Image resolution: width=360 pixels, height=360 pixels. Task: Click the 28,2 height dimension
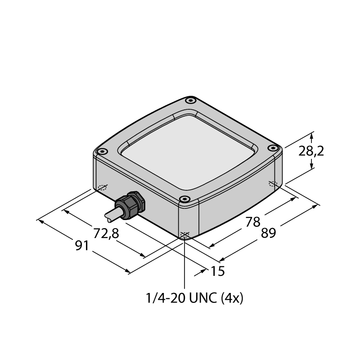point(311,152)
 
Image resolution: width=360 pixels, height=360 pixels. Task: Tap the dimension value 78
point(253,222)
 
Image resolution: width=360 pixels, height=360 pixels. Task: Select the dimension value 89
point(268,233)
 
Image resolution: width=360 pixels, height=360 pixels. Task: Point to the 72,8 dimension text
point(106,233)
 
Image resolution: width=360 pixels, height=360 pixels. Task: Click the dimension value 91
point(82,246)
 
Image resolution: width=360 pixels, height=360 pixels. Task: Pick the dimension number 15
point(217,271)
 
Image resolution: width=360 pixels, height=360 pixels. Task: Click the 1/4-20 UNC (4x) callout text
point(194,298)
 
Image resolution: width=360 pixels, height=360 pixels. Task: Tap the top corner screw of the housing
point(190,100)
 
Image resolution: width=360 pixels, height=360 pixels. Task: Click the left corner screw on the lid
point(103,151)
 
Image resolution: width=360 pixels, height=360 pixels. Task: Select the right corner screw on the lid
point(273,148)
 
